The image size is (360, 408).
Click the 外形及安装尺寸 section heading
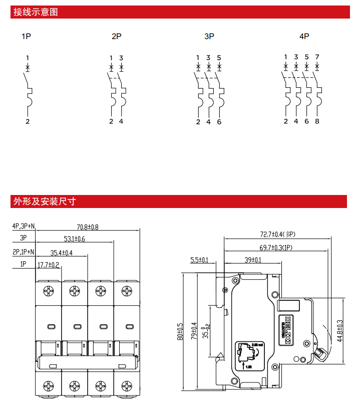click(45, 201)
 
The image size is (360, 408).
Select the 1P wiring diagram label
click(27, 37)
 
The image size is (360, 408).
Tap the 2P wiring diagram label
click(116, 37)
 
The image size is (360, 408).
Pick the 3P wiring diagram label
click(209, 37)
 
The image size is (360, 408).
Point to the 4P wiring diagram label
click(304, 37)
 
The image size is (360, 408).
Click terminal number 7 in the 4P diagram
click(317, 57)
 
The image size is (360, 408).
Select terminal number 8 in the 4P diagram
click(317, 121)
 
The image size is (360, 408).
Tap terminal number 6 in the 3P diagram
click(219, 122)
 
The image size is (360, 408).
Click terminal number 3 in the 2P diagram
click(121, 58)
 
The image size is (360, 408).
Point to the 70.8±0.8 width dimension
click(88, 227)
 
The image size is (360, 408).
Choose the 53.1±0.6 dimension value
click(75, 239)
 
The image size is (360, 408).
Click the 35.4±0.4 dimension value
click(62, 253)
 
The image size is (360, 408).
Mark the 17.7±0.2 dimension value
click(49, 265)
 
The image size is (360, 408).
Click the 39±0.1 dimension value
click(252, 260)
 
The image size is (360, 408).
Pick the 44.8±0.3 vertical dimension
click(339, 331)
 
